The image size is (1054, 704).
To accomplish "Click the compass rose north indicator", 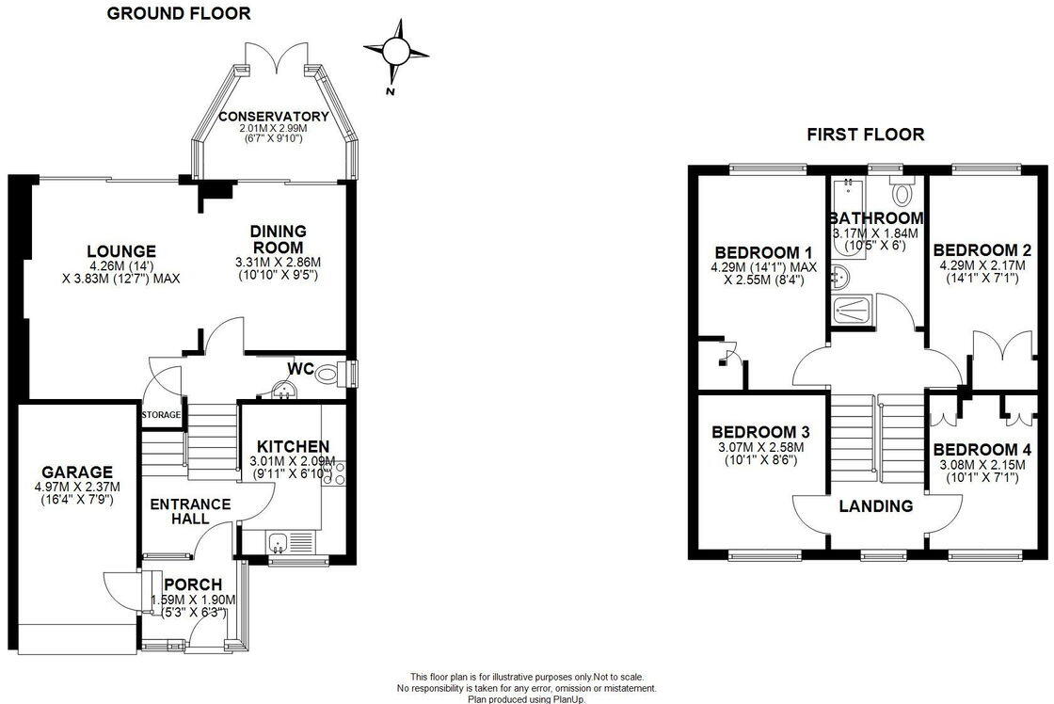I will coord(396,52).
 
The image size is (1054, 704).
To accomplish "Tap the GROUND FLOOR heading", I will coord(179,13).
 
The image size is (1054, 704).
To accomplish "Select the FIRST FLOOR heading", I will coord(865,135).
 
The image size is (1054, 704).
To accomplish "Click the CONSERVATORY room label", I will coord(273,117).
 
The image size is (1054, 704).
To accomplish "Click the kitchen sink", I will coord(278,541).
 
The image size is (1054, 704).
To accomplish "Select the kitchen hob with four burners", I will coord(335,472).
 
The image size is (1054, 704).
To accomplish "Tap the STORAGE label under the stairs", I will coord(161,414).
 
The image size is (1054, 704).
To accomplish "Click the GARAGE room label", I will coord(76,472).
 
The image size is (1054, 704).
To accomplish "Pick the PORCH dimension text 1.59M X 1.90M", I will coord(193,600).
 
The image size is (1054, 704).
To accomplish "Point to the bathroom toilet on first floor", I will coord(903,194).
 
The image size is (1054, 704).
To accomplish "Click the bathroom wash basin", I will coord(841,278).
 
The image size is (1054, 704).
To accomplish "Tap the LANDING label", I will coord(876,506).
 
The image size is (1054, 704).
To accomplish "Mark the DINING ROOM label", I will coord(278,239).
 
